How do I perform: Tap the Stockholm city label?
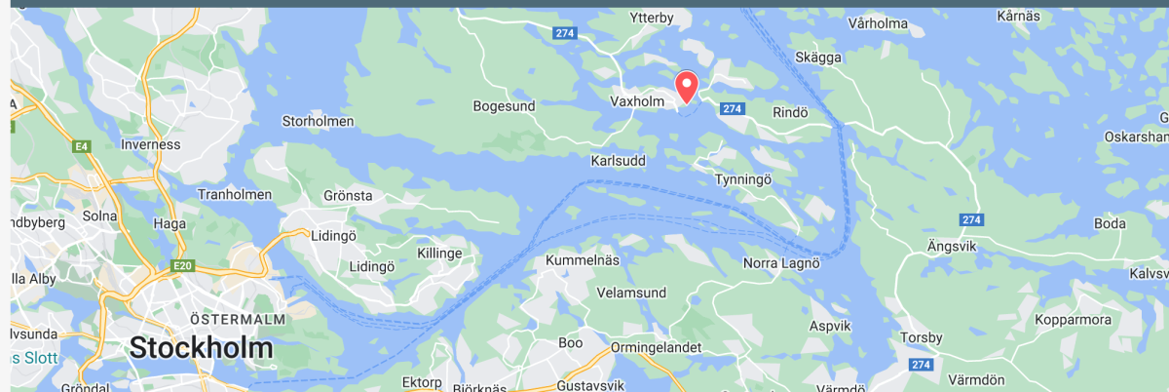click(x=201, y=348)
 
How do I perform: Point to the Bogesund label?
click(x=505, y=105)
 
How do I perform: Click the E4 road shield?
click(x=81, y=147)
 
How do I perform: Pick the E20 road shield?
click(x=181, y=265)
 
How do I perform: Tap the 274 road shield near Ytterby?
click(x=564, y=33)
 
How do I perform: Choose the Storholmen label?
click(x=318, y=122)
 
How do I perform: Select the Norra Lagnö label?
click(x=782, y=263)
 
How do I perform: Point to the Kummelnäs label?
click(x=583, y=263)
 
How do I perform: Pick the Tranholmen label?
click(x=235, y=194)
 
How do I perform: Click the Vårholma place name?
click(x=878, y=23)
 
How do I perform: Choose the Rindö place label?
click(x=790, y=112)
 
